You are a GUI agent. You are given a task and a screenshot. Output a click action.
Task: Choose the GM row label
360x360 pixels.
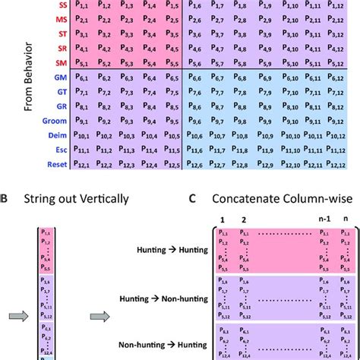75,77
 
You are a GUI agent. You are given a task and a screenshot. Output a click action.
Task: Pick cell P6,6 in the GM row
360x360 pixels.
201,77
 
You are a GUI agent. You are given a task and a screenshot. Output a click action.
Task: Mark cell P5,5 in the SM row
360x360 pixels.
172,61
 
